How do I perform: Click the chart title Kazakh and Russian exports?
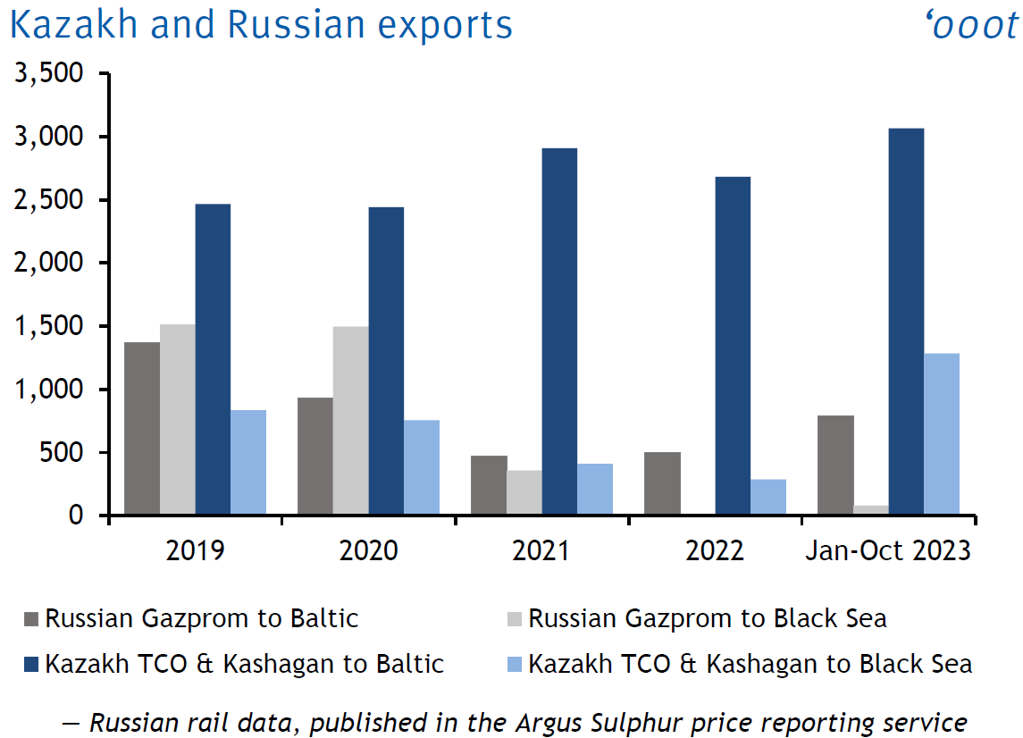(261, 25)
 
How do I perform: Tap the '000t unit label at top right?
(974, 25)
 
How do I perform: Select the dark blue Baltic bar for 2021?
(559, 331)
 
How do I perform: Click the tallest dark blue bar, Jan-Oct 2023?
(906, 322)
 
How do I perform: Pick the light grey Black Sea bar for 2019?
(177, 420)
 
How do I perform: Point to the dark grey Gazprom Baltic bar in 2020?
(315, 456)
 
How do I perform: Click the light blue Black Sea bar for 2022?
(767, 497)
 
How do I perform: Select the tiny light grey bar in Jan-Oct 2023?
(871, 510)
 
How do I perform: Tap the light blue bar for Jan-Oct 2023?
(942, 434)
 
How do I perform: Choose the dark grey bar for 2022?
(662, 483)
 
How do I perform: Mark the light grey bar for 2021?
(524, 492)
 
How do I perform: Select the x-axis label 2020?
(368, 550)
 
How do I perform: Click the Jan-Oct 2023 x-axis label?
(887, 550)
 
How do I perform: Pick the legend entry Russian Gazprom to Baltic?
(202, 618)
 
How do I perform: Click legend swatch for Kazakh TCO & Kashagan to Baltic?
(32, 665)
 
